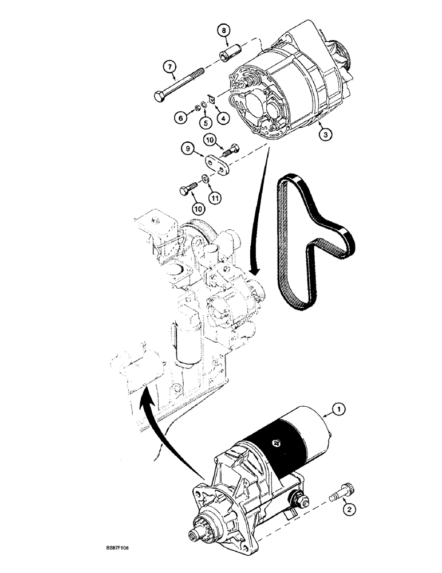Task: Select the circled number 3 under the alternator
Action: [325, 135]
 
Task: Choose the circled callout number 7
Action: [169, 67]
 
